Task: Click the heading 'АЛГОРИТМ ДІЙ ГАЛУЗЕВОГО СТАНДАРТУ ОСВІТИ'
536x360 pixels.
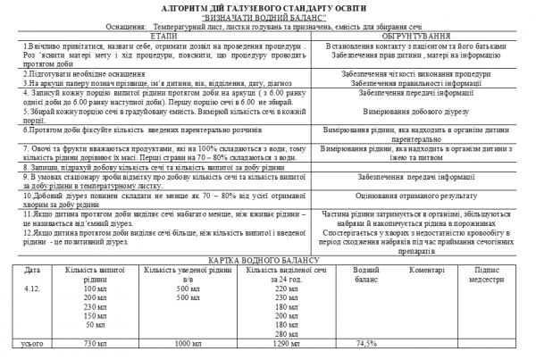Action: [268, 6]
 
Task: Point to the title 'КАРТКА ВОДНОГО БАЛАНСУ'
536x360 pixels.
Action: [268, 260]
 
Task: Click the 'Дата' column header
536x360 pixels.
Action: [32, 269]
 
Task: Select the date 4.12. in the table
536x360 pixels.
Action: [32, 289]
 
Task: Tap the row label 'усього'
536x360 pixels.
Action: [32, 342]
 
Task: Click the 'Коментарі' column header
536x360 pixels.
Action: [428, 269]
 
